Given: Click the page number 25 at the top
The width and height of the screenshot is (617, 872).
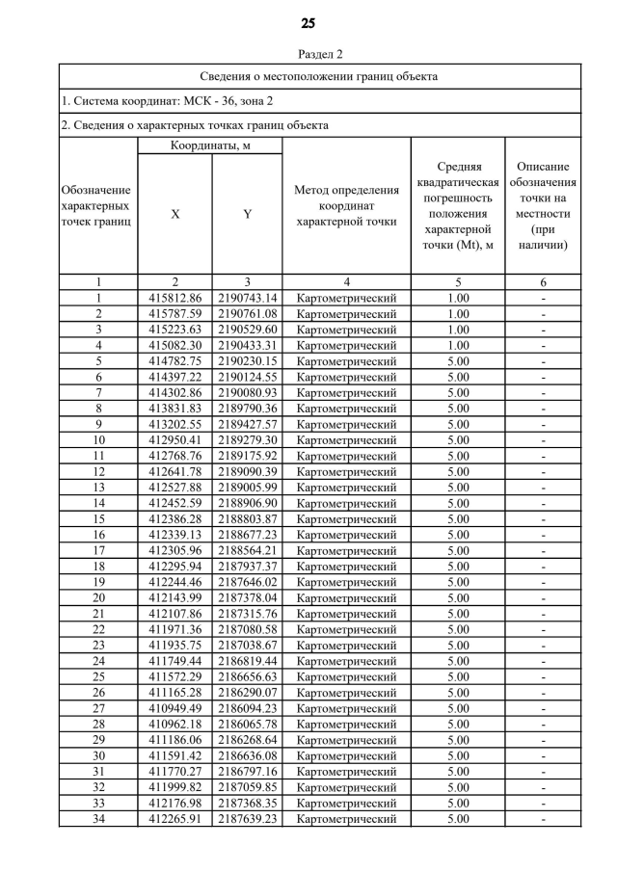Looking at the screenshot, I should [x=308, y=23].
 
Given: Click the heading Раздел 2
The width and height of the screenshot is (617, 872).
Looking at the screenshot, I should [x=308, y=54].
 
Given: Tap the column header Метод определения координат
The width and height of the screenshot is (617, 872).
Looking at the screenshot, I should [x=346, y=205].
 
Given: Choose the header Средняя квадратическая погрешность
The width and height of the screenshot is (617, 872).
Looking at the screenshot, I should [x=458, y=205].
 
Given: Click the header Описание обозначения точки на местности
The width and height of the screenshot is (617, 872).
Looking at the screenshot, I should [x=543, y=205].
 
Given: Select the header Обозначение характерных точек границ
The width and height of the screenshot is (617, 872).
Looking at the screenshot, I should [x=97, y=205].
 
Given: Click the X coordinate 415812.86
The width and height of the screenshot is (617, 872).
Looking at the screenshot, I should [x=174, y=298].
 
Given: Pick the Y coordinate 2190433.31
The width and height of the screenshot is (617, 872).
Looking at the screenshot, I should [x=247, y=345].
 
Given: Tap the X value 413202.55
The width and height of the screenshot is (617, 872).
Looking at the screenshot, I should [x=174, y=424].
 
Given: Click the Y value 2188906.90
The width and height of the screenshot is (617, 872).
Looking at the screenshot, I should [x=247, y=503].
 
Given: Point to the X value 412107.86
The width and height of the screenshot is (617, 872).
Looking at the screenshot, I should [x=174, y=614].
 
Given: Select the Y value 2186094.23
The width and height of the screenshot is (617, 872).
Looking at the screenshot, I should [x=247, y=708].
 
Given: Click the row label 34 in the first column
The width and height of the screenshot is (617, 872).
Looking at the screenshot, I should [x=97, y=819].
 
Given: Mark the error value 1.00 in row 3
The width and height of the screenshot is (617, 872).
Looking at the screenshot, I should [x=458, y=330].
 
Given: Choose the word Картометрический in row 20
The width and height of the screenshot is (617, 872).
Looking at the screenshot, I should [x=346, y=597].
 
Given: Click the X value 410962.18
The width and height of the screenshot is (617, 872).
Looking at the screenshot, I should [x=174, y=724].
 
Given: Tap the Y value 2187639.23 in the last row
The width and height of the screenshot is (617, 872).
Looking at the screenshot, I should [x=247, y=819].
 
